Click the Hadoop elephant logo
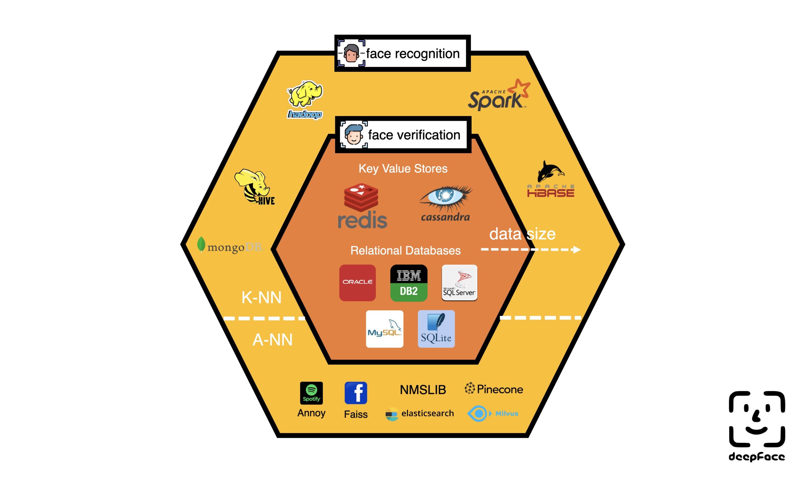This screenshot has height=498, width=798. point(305,99)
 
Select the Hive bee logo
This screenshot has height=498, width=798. point(254,187)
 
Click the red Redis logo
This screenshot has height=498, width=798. point(362,206)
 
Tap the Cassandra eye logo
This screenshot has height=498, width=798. point(445,203)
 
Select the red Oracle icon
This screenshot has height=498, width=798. point(358,283)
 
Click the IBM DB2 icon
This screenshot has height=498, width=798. point(409,283)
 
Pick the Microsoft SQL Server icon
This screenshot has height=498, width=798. point(459,283)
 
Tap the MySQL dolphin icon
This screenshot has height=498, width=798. point(384,329)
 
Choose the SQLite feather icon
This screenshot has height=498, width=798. point(436,329)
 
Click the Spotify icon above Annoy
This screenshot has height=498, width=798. point(311,393)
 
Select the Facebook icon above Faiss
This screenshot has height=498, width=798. point(355,393)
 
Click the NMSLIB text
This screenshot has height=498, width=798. point(423,390)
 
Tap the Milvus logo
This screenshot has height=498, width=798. point(493,413)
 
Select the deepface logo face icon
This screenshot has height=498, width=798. point(757,419)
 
